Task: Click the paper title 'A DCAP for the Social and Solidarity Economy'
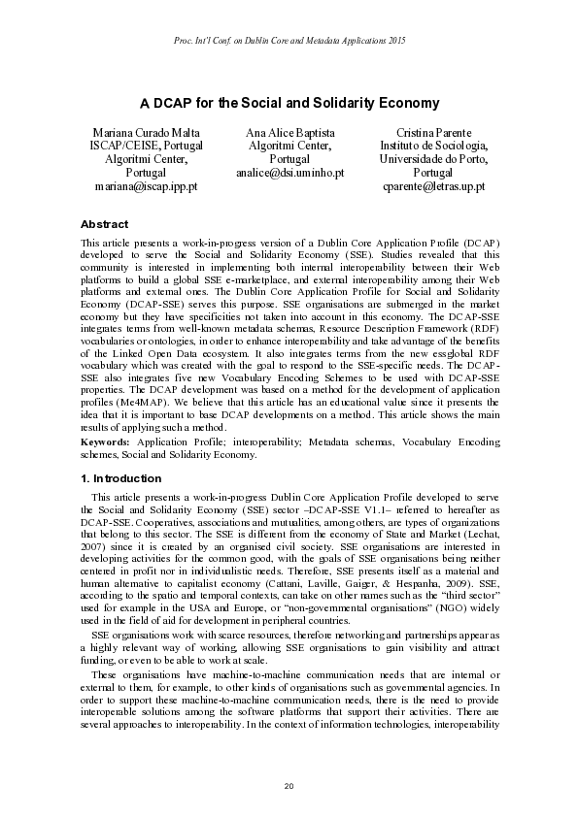pyautogui.click(x=289, y=103)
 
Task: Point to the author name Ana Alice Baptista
pyautogui.click(x=289, y=131)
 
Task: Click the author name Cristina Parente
pyautogui.click(x=433, y=131)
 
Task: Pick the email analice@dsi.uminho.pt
pyautogui.click(x=289, y=172)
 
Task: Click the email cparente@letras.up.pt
pyautogui.click(x=433, y=185)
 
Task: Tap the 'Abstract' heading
pyautogui.click(x=104, y=223)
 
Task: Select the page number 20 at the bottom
pyautogui.click(x=289, y=783)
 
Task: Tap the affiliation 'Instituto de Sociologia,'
pyautogui.click(x=433, y=145)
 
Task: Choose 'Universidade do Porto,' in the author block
pyautogui.click(x=433, y=158)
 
